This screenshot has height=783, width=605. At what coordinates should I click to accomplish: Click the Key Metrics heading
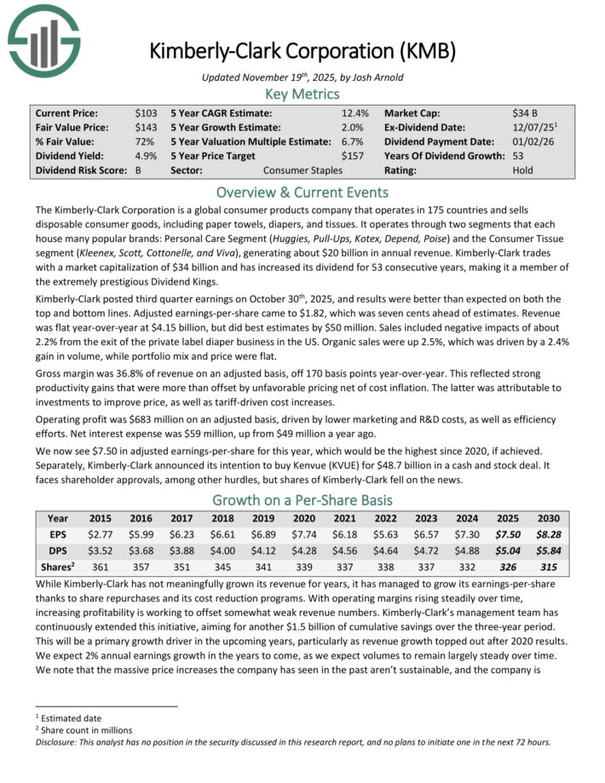[302, 93]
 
